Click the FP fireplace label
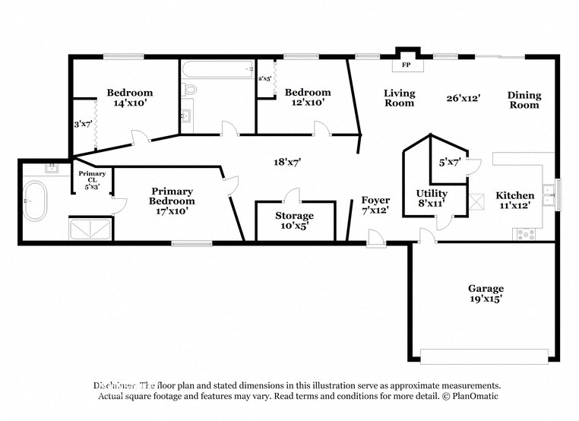point(405,65)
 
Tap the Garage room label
point(486,293)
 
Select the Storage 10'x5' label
point(294,220)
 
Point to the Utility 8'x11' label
point(431,198)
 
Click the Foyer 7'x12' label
point(376,205)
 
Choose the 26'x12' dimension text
point(463,97)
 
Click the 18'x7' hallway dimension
point(288,161)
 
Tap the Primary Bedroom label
point(172,196)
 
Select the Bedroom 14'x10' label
point(129,97)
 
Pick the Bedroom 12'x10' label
point(308,97)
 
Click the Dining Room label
point(524,100)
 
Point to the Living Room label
point(399,98)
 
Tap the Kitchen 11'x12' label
point(514,200)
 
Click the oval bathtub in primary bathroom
point(35,201)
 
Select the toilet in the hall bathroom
point(190,90)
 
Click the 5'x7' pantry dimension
point(451,162)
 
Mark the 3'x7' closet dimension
point(83,123)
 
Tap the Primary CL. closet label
point(93,179)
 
